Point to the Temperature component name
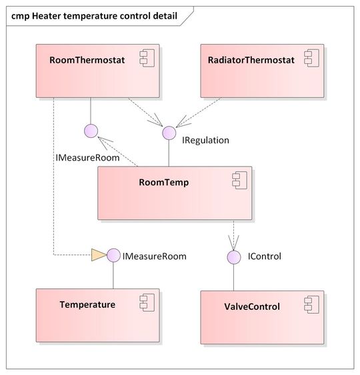(x=87, y=305)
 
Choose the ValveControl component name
(x=253, y=307)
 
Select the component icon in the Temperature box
(x=146, y=304)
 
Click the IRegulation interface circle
(x=169, y=133)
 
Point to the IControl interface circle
(x=234, y=256)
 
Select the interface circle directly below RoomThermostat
(x=91, y=131)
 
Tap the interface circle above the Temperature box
(x=113, y=255)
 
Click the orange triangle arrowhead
(x=98, y=254)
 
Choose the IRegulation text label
(x=205, y=141)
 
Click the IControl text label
(x=264, y=256)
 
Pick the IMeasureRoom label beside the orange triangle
(x=154, y=256)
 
